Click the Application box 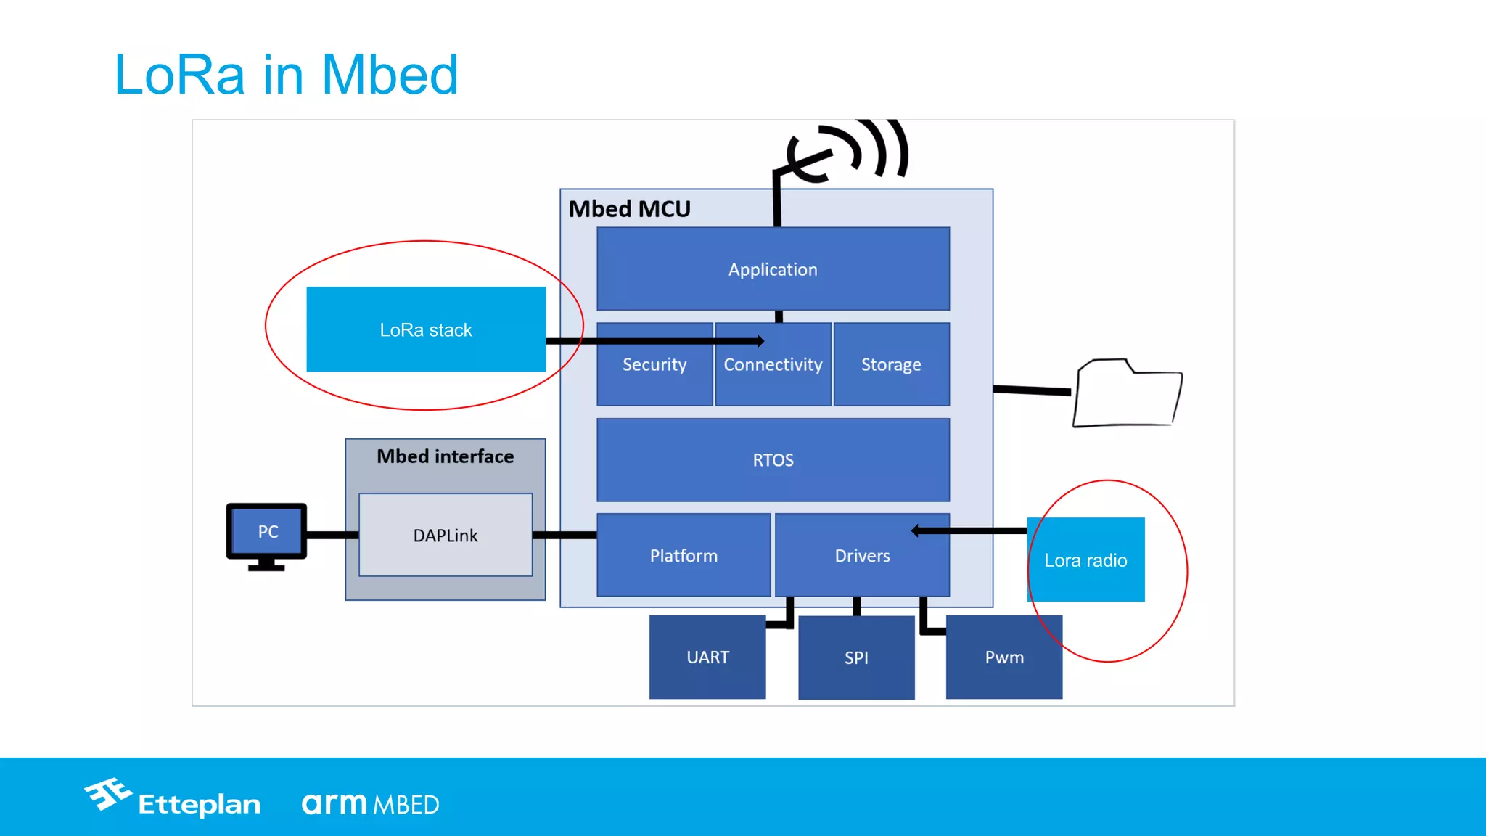click(773, 269)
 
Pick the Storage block click(891, 365)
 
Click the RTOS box click(773, 460)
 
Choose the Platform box click(684, 556)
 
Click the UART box click(707, 657)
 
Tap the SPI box click(856, 658)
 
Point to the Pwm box click(1004, 657)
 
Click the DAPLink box click(446, 536)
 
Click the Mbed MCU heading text click(629, 209)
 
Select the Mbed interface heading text click(445, 456)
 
